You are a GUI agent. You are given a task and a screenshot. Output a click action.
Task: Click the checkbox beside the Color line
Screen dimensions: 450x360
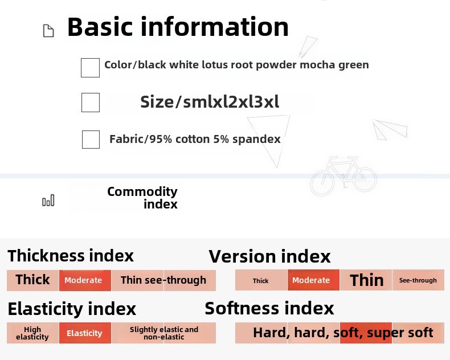tap(90, 68)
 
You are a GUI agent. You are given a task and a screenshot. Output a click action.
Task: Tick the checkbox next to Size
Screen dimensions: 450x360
tap(91, 102)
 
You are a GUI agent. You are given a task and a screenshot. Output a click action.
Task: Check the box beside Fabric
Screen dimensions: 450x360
tap(91, 140)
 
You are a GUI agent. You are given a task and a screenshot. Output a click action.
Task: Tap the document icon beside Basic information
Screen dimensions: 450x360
tap(48, 31)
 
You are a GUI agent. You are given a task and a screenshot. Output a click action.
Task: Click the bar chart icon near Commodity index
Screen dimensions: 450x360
tap(48, 200)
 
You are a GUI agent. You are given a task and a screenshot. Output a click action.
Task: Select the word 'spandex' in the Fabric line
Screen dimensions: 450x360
tap(256, 139)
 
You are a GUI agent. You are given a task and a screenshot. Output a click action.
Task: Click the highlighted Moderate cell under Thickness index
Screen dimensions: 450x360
tap(85, 280)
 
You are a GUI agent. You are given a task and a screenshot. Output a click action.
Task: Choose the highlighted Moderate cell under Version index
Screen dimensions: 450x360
tap(313, 280)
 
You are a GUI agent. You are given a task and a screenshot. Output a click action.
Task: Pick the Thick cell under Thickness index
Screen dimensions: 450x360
tap(32, 280)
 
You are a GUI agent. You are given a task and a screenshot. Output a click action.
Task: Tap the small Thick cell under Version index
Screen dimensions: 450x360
tap(261, 280)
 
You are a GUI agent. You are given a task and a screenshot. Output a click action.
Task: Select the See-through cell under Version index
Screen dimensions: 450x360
tap(418, 280)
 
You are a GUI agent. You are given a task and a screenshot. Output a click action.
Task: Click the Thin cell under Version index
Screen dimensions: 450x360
tap(366, 280)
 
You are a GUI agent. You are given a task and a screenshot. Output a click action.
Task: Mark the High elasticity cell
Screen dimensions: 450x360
tap(32, 333)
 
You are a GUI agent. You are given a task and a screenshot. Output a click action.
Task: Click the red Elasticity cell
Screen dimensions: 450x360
tap(85, 333)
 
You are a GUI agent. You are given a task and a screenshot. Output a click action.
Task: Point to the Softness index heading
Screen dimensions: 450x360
tap(269, 308)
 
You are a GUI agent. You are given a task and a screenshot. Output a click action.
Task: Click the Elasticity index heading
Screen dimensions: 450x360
tap(72, 309)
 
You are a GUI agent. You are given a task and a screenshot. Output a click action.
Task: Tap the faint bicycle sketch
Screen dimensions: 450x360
tap(343, 175)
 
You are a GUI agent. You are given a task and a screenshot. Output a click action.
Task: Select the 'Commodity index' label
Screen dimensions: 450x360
tap(142, 198)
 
